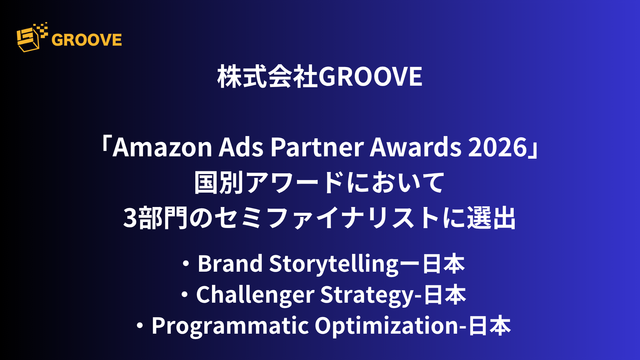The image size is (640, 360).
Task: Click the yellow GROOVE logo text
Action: pos(87,40)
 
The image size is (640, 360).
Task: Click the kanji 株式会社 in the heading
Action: pos(268,77)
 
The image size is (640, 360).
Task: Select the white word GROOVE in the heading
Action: pos(370,77)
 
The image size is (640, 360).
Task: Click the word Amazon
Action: pos(163,147)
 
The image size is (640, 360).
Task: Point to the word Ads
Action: pos(241,147)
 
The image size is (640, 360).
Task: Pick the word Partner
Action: pos(317,147)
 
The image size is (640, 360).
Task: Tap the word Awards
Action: pos(415,147)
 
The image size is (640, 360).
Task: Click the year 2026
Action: pos(498,147)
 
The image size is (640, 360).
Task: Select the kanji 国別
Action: pos(219,182)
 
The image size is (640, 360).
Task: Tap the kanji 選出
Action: pos(491,218)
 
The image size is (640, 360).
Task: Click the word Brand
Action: pos(230,264)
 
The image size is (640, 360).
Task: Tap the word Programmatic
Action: pos(230,326)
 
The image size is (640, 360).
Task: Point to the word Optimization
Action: pos(387,326)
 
